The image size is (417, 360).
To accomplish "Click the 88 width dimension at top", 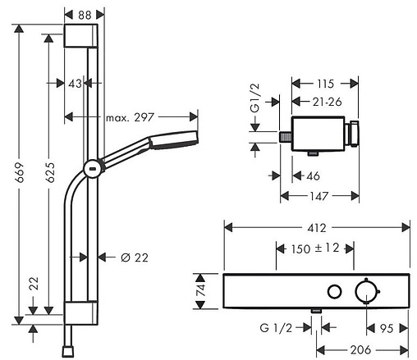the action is [x=85, y=15].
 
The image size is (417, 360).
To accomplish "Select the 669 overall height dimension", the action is [x=20, y=172].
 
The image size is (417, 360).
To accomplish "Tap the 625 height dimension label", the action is [x=50, y=172].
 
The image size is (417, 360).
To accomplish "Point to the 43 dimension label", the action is [x=75, y=84].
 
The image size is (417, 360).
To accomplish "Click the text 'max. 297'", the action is [x=130, y=117].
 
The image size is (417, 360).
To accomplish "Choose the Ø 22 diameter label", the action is [x=135, y=257].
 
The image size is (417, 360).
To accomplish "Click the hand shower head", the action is [x=173, y=140].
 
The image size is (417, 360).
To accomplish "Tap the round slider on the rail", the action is [x=93, y=168].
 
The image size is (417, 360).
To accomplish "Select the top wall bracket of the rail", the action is [x=81, y=36].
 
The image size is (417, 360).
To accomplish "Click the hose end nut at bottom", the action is [x=68, y=352].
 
